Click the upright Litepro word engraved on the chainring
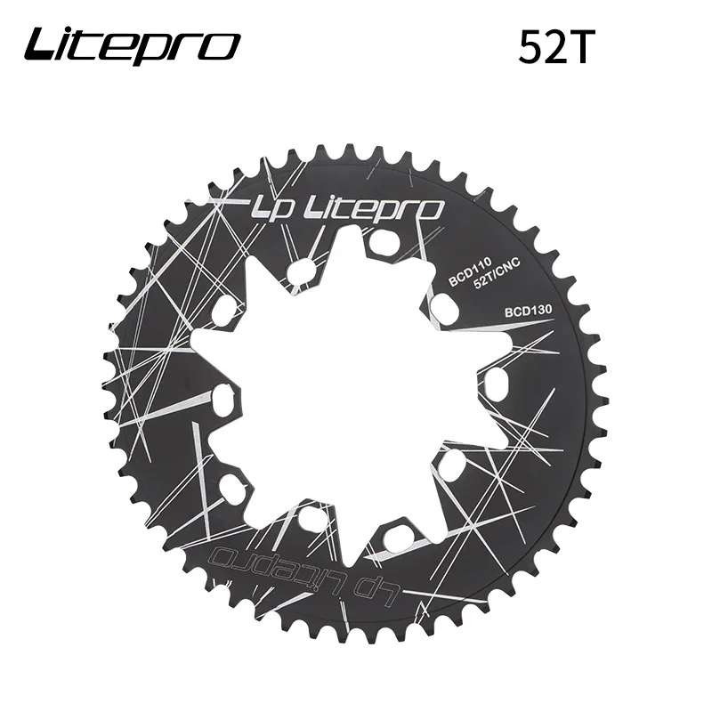pyautogui.click(x=375, y=209)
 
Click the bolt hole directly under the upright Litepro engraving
pyautogui.click(x=384, y=241)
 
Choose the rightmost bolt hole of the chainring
pyautogui.click(x=497, y=381)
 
